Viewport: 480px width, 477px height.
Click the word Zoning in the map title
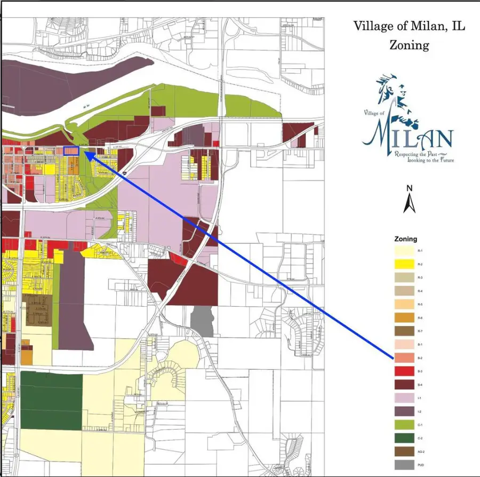[x=409, y=44]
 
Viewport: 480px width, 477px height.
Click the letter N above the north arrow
[x=409, y=188]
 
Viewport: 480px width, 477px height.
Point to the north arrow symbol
[x=409, y=203]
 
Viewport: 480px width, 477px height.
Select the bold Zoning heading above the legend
[x=405, y=239]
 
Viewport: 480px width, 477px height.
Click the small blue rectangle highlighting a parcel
[x=71, y=151]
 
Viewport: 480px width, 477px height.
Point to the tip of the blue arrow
[x=86, y=153]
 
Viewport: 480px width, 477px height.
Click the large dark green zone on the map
[x=52, y=401]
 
